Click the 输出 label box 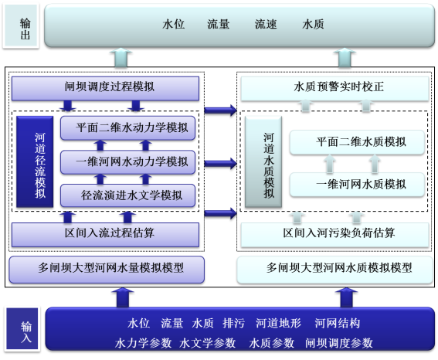pos(21,25)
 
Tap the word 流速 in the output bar pos(266,24)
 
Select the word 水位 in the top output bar pos(173,24)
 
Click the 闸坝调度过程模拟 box pos(105,88)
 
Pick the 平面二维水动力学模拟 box pos(127,128)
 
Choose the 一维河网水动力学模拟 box pos(127,162)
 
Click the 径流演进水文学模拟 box pos(127,195)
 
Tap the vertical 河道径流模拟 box pos(35,161)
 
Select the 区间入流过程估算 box pos(105,235)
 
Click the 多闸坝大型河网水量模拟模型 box pos(107,270)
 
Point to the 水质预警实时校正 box pos(335,88)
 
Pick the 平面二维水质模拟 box pos(357,142)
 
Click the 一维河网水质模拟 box pos(357,185)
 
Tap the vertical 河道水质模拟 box pos(263,161)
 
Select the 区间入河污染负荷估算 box pos(335,235)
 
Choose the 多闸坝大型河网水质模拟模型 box pos(335,270)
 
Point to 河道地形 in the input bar pos(279,323)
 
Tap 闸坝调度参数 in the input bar pos(339,343)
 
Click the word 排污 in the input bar pos(234,323)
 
